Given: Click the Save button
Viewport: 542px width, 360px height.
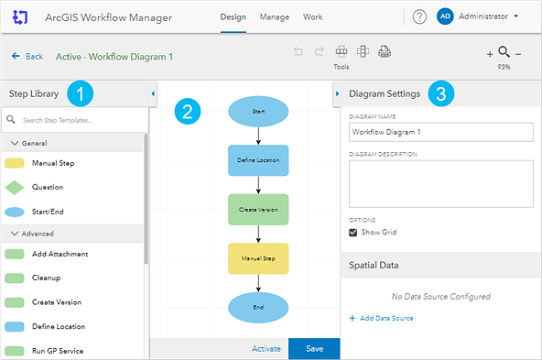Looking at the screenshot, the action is click(x=314, y=349).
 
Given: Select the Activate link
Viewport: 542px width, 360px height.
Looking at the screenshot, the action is click(x=266, y=349).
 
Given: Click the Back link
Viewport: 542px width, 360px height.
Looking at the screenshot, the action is click(x=27, y=57).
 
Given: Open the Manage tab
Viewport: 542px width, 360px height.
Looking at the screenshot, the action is click(x=275, y=17).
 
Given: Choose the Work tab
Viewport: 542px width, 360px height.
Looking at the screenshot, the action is click(x=312, y=17).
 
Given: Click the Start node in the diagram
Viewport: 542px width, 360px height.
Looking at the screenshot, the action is click(x=258, y=111).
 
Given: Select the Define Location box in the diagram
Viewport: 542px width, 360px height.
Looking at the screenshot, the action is click(x=258, y=159).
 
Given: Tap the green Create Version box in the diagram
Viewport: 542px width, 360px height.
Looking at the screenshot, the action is click(x=258, y=209).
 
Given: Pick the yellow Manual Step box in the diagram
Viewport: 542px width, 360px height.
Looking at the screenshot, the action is click(x=258, y=258).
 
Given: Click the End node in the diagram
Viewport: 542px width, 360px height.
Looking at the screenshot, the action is click(x=258, y=307).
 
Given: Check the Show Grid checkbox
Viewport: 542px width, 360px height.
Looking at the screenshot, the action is click(x=353, y=233).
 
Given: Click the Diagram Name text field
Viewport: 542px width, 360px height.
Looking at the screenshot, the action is click(x=440, y=132).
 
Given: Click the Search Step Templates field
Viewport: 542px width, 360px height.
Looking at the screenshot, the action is click(x=78, y=120).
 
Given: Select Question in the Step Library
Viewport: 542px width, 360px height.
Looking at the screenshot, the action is click(x=47, y=187).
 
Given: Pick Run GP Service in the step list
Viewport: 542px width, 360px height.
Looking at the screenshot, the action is click(x=60, y=350).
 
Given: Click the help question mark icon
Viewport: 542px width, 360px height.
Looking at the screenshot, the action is click(x=419, y=16).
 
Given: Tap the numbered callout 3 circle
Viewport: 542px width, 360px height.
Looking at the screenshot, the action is click(x=442, y=93).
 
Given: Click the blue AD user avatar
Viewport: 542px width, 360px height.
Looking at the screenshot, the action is click(x=445, y=16).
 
